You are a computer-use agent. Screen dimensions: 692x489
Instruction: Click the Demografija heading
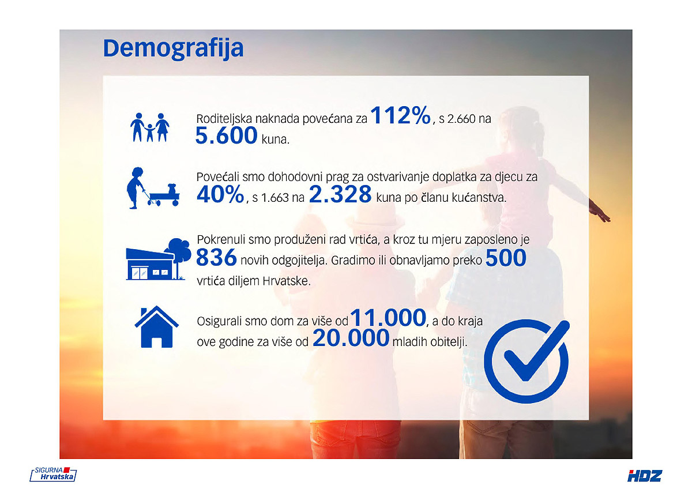point(174,49)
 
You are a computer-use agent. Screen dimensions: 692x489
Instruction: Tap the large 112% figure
point(400,115)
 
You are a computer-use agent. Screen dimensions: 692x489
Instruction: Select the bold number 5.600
point(227,136)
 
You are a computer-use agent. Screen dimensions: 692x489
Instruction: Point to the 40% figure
point(220,194)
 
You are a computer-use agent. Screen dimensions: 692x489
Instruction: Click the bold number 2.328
point(340,194)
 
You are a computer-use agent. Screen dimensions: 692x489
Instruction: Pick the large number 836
point(216,257)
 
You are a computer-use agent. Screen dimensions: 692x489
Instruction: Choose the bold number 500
point(506,257)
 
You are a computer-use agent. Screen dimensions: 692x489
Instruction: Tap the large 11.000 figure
point(388,318)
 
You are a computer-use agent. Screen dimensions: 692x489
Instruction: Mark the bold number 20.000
point(351,338)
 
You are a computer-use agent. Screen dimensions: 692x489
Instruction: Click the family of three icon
point(150,127)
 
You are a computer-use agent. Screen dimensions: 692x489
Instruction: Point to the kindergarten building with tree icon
point(158,259)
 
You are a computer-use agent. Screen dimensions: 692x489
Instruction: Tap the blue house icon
point(157,327)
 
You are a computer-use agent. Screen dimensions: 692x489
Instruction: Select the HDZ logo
point(645,476)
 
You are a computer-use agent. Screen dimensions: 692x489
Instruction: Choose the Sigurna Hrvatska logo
point(53,474)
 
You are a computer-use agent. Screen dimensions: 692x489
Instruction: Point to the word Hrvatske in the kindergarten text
point(286,281)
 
